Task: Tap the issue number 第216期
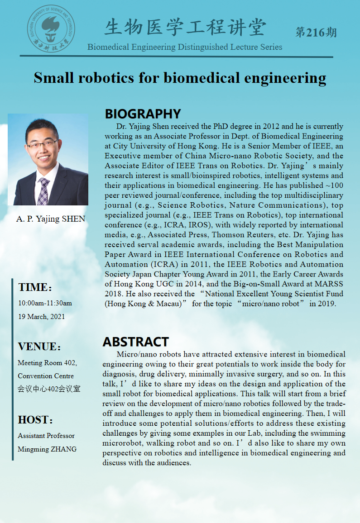(316, 32)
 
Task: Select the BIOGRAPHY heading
(143, 114)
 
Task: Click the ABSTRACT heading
(135, 342)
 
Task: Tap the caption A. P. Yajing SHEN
(51, 219)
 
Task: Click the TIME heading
(35, 287)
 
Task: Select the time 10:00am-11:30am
(45, 303)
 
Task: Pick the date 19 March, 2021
(41, 316)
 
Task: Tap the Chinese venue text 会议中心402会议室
(49, 389)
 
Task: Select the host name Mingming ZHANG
(47, 449)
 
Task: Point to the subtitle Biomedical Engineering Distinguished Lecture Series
(185, 47)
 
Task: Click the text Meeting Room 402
(47, 363)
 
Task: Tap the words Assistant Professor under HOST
(46, 436)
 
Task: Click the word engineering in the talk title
(285, 78)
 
